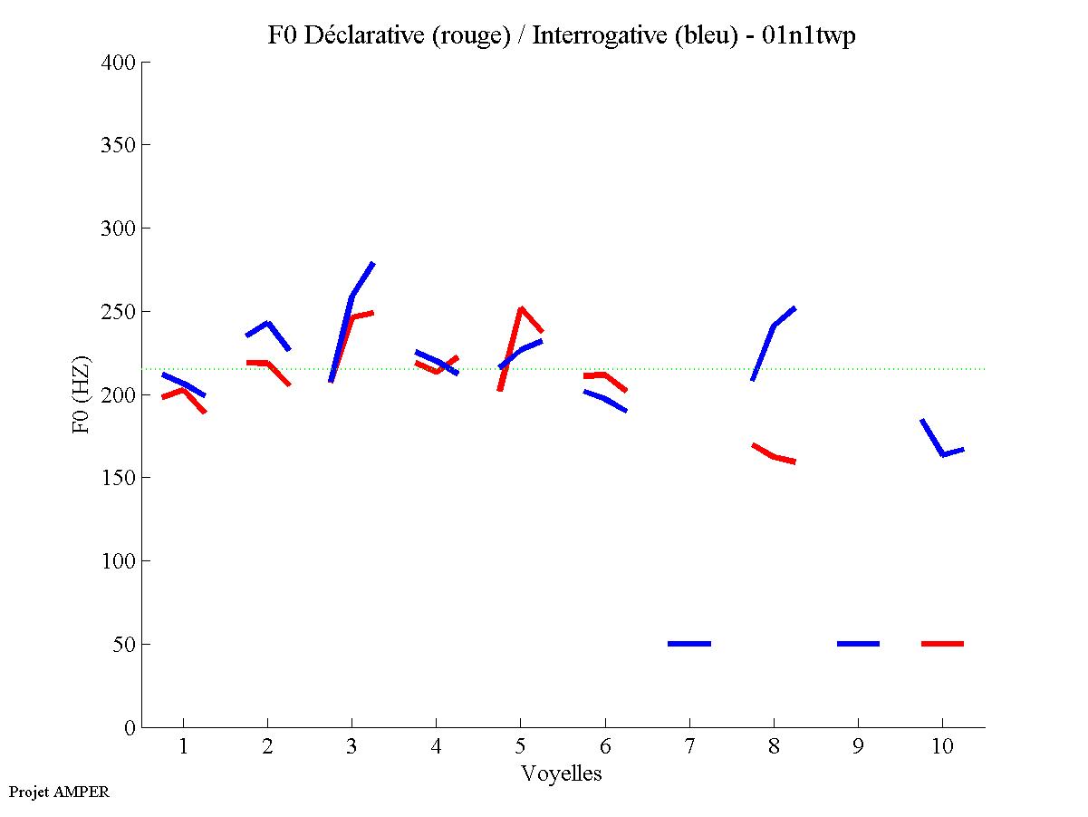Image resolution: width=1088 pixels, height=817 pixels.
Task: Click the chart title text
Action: (x=562, y=35)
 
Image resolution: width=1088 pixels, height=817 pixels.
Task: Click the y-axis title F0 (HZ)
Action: (x=82, y=394)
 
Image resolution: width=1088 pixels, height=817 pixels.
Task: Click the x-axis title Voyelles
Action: (x=562, y=773)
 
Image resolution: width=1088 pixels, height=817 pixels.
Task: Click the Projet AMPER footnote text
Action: (x=59, y=792)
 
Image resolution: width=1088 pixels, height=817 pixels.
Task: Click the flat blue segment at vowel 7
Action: (x=689, y=644)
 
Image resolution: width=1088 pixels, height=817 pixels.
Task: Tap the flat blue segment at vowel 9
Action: (x=858, y=644)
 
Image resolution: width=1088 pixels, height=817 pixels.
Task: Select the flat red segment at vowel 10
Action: (x=942, y=644)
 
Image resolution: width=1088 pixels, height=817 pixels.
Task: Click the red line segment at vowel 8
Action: (x=774, y=456)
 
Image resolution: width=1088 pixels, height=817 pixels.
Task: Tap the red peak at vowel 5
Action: (x=521, y=309)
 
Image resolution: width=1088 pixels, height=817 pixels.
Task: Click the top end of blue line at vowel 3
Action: (x=372, y=264)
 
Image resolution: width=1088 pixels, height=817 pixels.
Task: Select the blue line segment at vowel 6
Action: (x=604, y=398)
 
